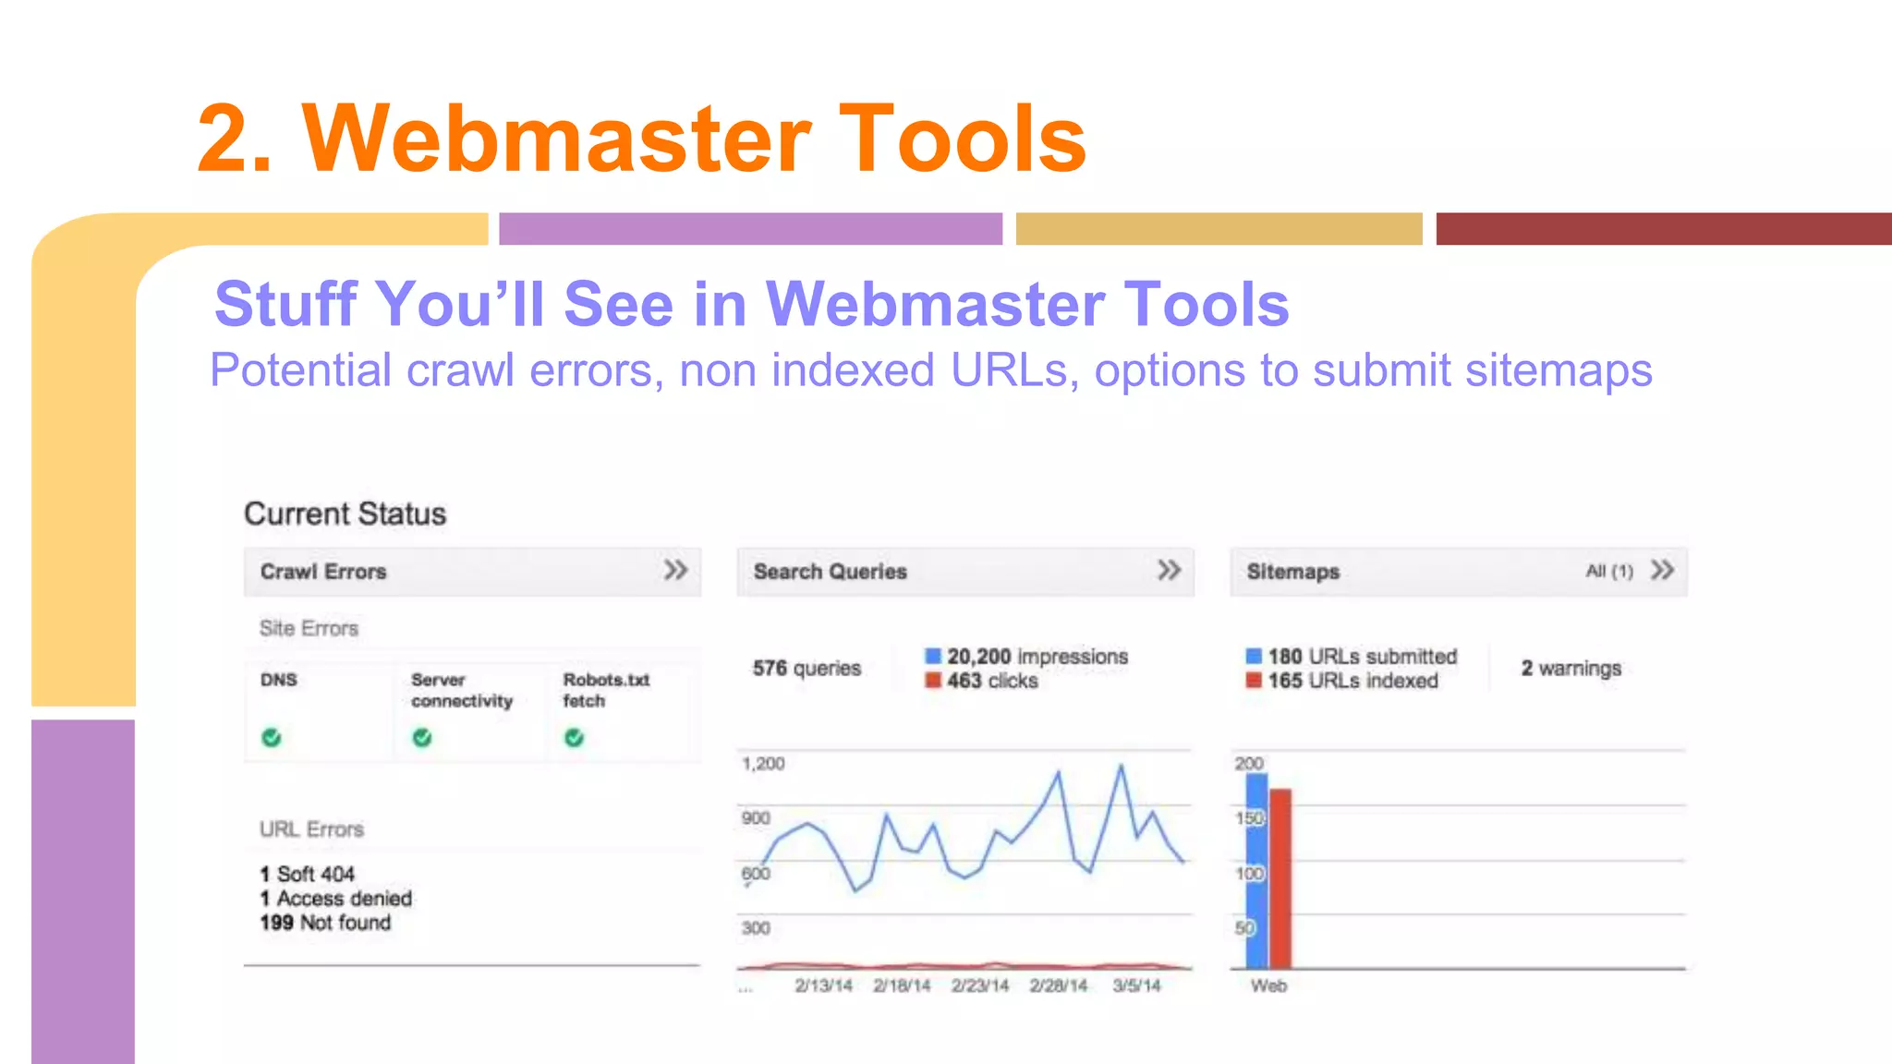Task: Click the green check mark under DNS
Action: point(271,737)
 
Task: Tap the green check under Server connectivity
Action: point(422,737)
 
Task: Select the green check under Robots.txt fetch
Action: point(575,737)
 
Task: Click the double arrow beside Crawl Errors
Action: point(675,570)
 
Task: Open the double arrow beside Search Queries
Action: point(1169,570)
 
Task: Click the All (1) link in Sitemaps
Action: point(1608,572)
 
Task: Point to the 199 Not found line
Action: point(325,923)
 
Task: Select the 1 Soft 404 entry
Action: point(308,874)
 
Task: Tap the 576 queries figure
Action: point(807,668)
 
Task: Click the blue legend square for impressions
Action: point(933,656)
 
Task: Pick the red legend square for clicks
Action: point(933,681)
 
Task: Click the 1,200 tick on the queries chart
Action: point(763,764)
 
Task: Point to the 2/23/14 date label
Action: point(980,985)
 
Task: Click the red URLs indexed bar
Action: point(1280,877)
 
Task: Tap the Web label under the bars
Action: point(1268,986)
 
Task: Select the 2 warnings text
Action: point(1571,668)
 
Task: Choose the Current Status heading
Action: point(345,514)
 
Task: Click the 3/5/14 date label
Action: point(1136,985)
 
